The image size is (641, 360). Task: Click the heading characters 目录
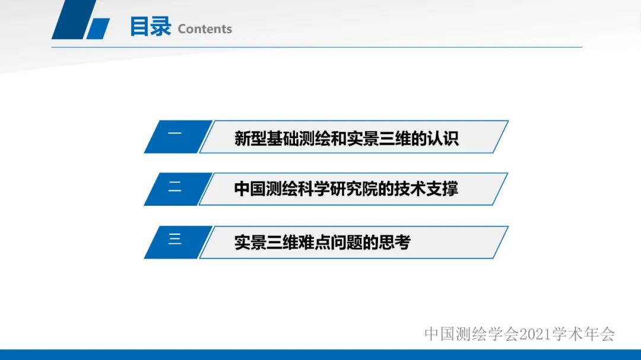coord(150,27)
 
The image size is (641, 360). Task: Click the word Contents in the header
coord(205,29)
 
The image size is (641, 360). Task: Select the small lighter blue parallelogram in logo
coord(99,29)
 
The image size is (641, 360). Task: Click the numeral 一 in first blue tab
coord(174,135)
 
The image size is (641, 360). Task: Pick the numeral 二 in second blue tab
coord(174,187)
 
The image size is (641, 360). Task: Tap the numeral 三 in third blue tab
coord(174,240)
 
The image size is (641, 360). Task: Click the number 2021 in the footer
coord(536,334)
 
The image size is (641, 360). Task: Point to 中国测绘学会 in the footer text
coord(472,334)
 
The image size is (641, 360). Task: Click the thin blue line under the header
coord(356,47)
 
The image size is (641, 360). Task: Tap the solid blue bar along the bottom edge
coord(320,355)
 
